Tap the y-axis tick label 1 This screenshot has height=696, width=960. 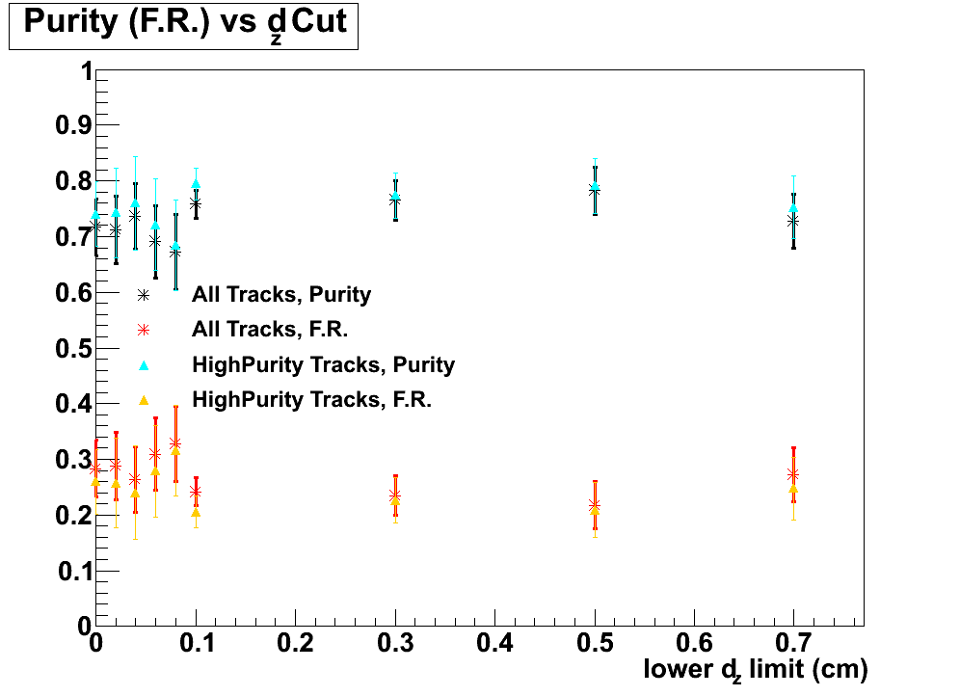click(x=86, y=71)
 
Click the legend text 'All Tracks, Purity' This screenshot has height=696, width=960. click(x=281, y=294)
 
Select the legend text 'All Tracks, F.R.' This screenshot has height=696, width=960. click(x=270, y=329)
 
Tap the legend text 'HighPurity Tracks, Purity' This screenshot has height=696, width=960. click(x=323, y=364)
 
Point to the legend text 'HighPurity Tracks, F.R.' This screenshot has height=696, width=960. click(x=311, y=399)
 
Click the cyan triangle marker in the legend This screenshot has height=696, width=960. click(x=144, y=364)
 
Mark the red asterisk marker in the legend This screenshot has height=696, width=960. click(x=144, y=330)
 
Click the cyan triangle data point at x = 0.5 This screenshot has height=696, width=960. click(x=595, y=186)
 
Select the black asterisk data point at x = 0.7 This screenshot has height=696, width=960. click(x=793, y=221)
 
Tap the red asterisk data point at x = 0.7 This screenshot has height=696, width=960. click(x=793, y=474)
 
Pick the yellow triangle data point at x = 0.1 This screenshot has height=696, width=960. click(x=196, y=512)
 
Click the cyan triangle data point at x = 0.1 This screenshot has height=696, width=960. click(x=196, y=183)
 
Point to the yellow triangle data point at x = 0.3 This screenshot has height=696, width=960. click(x=395, y=500)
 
